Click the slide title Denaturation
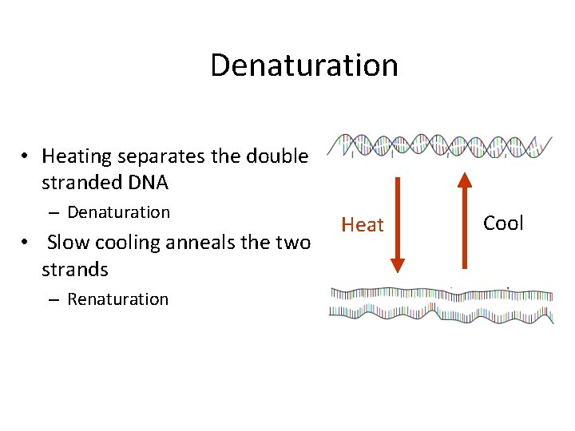click(x=303, y=65)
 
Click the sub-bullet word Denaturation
click(x=118, y=212)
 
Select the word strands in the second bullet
click(x=74, y=269)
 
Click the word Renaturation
click(x=117, y=299)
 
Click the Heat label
click(x=363, y=225)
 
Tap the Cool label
click(x=503, y=223)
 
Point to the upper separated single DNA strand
click(x=441, y=294)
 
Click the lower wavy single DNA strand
click(x=441, y=313)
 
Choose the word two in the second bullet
click(x=291, y=241)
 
